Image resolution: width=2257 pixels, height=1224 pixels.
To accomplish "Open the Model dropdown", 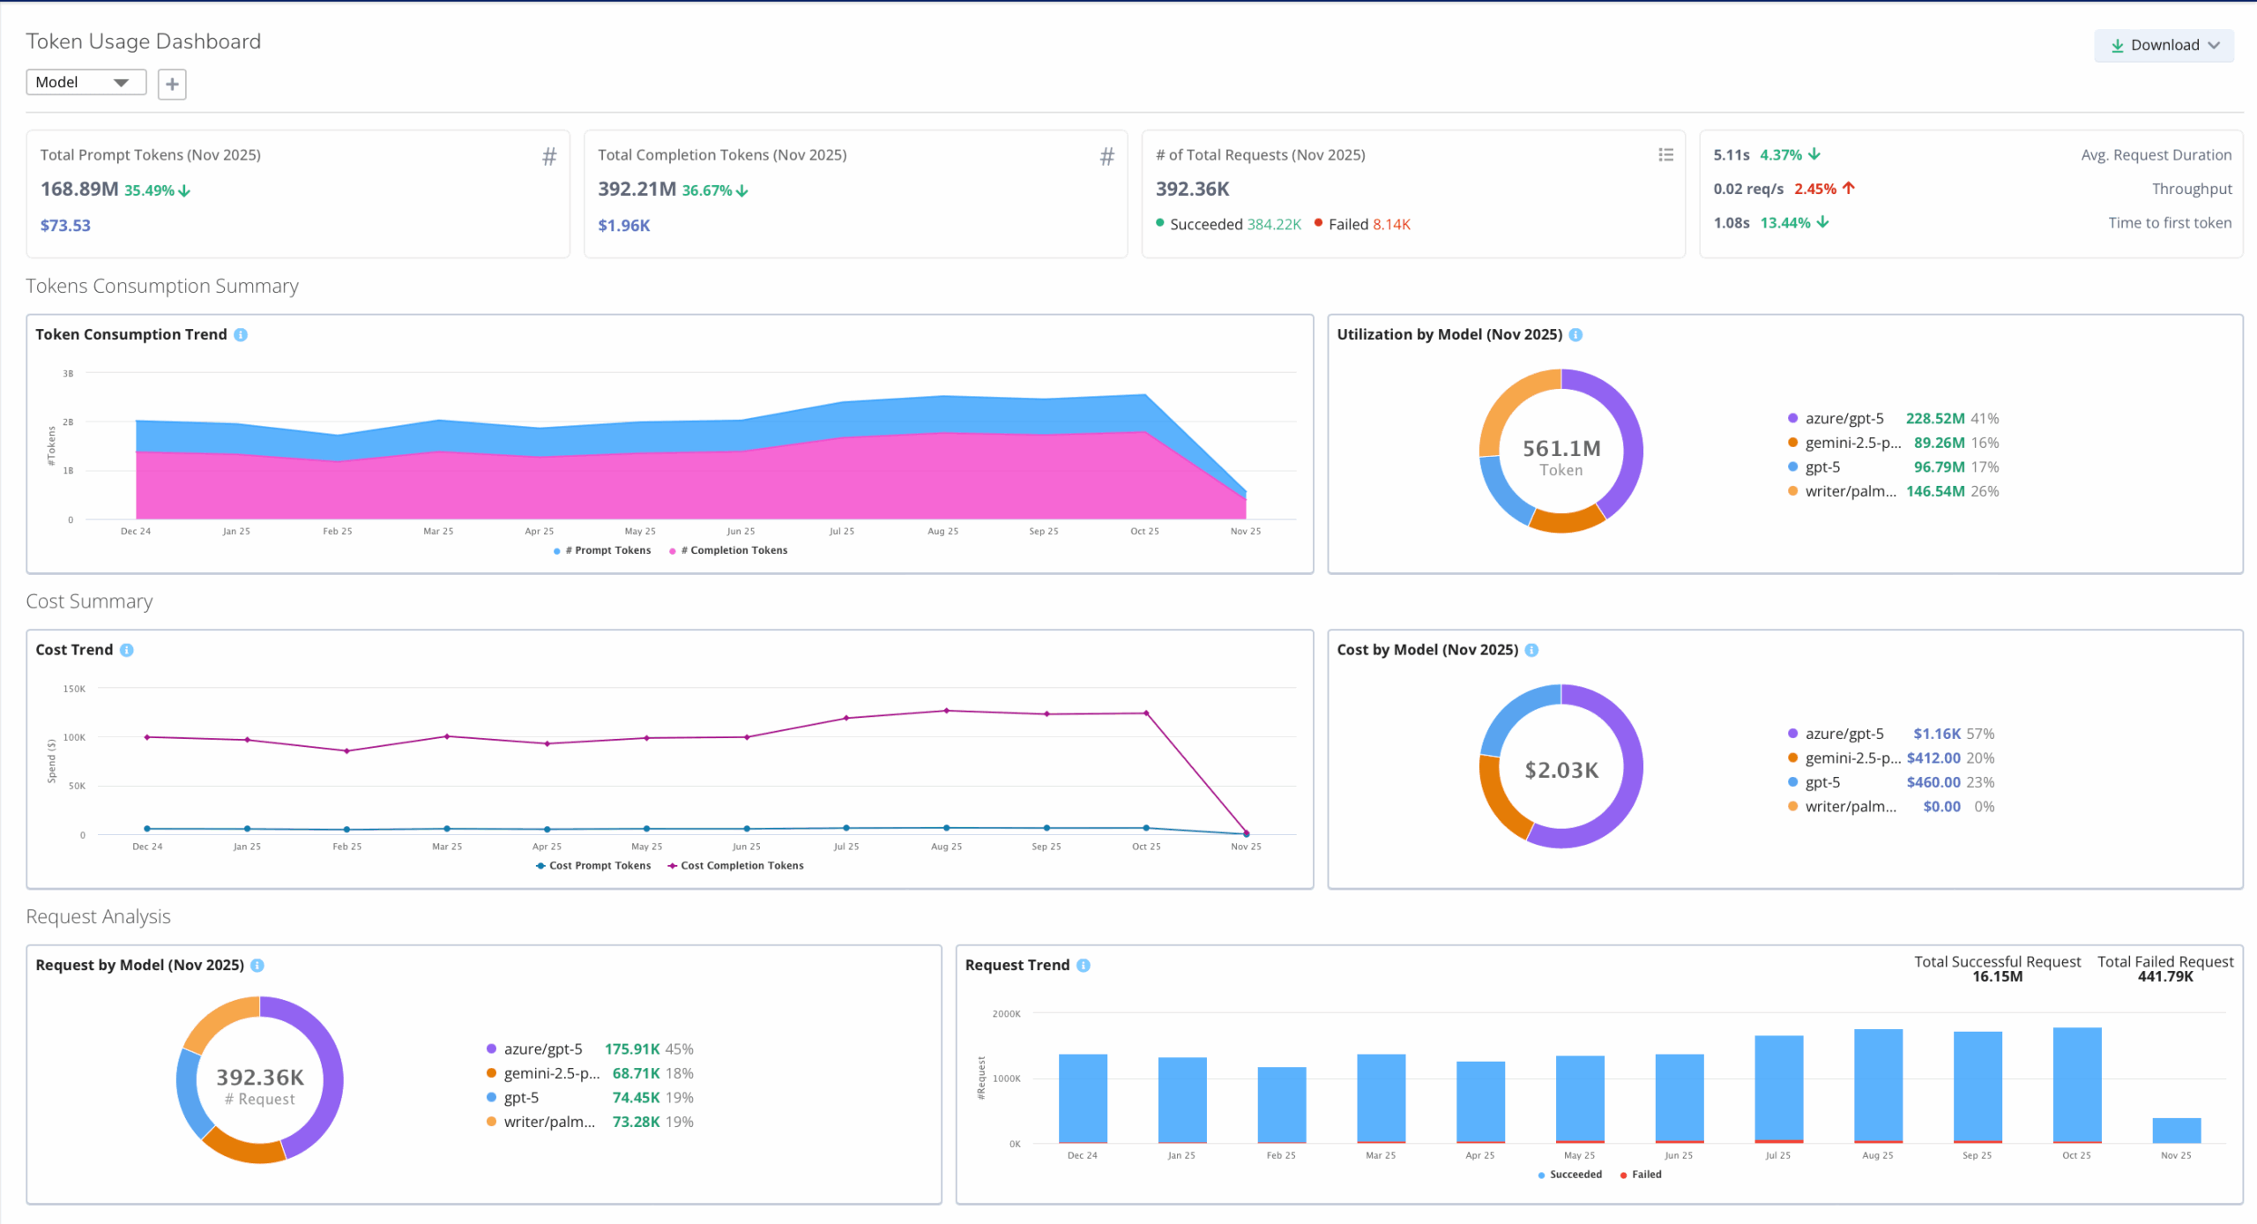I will tap(85, 82).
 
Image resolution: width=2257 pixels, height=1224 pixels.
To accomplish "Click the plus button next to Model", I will tap(172, 84).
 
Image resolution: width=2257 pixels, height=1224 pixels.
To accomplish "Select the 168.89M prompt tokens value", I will tap(79, 189).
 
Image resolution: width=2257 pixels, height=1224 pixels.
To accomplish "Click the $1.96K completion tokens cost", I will tap(623, 225).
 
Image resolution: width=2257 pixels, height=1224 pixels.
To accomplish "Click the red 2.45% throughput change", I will tap(1815, 189).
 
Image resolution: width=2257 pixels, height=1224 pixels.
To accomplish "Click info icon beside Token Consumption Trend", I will tap(241, 334).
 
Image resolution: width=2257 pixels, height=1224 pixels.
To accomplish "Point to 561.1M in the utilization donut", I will tap(1561, 448).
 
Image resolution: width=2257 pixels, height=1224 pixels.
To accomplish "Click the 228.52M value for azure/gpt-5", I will tap(1934, 418).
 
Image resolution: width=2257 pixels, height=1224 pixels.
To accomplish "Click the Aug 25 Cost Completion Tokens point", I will tap(946, 711).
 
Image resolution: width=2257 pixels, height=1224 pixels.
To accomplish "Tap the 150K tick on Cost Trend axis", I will tap(74, 689).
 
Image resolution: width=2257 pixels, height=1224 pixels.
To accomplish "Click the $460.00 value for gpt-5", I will tap(1933, 782).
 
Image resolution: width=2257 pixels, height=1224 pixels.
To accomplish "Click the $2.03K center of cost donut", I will tap(1561, 770).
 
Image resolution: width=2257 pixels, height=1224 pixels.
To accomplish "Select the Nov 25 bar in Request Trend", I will tap(2176, 1130).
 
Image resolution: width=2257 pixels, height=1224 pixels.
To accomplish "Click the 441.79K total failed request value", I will tap(2164, 976).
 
